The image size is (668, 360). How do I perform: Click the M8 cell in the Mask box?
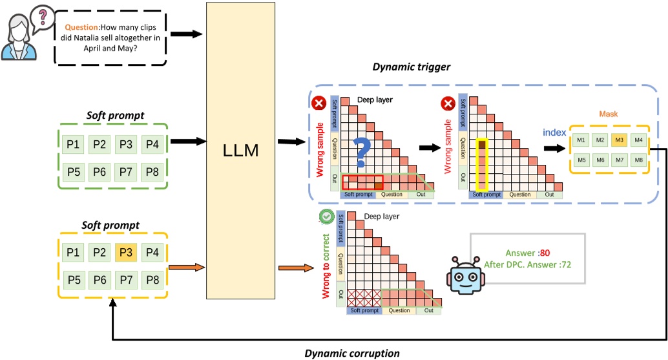coord(639,160)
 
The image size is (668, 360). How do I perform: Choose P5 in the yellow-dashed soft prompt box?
coord(73,280)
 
